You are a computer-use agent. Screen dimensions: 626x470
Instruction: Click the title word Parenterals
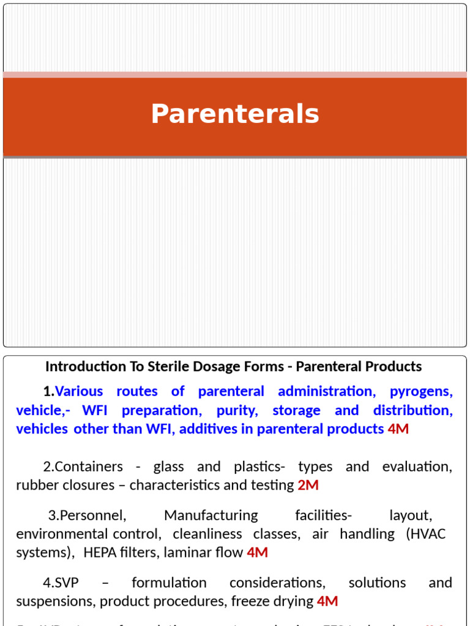click(235, 114)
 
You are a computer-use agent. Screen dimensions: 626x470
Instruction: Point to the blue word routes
click(137, 391)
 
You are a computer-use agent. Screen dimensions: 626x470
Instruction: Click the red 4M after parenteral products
click(398, 429)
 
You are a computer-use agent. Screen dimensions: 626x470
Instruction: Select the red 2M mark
click(308, 485)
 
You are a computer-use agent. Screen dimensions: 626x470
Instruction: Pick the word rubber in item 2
click(34, 485)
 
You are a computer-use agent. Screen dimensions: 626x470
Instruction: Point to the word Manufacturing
click(211, 515)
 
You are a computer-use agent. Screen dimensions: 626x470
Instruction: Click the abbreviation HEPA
click(99, 553)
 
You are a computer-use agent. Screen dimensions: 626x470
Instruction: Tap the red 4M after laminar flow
click(257, 553)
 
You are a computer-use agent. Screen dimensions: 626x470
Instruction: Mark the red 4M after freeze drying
click(327, 602)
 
